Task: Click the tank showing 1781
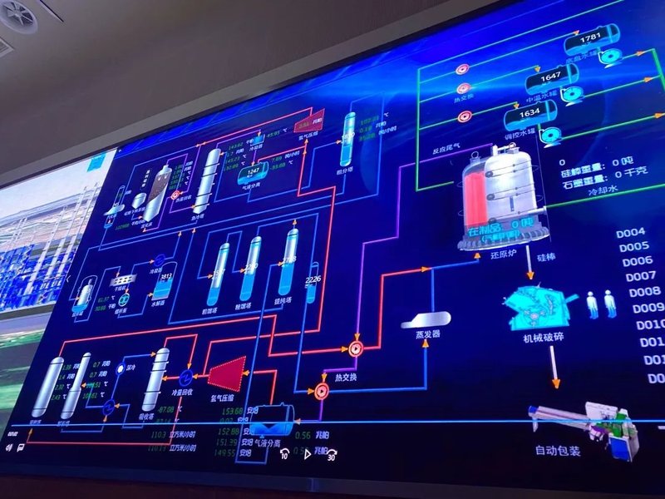point(591,38)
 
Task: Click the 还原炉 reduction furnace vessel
point(499,195)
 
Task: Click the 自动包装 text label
point(558,452)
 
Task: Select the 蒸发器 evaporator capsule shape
point(426,319)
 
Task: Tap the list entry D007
point(641,276)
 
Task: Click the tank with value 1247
point(253,172)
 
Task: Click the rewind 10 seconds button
point(284,453)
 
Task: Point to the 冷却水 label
point(604,190)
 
